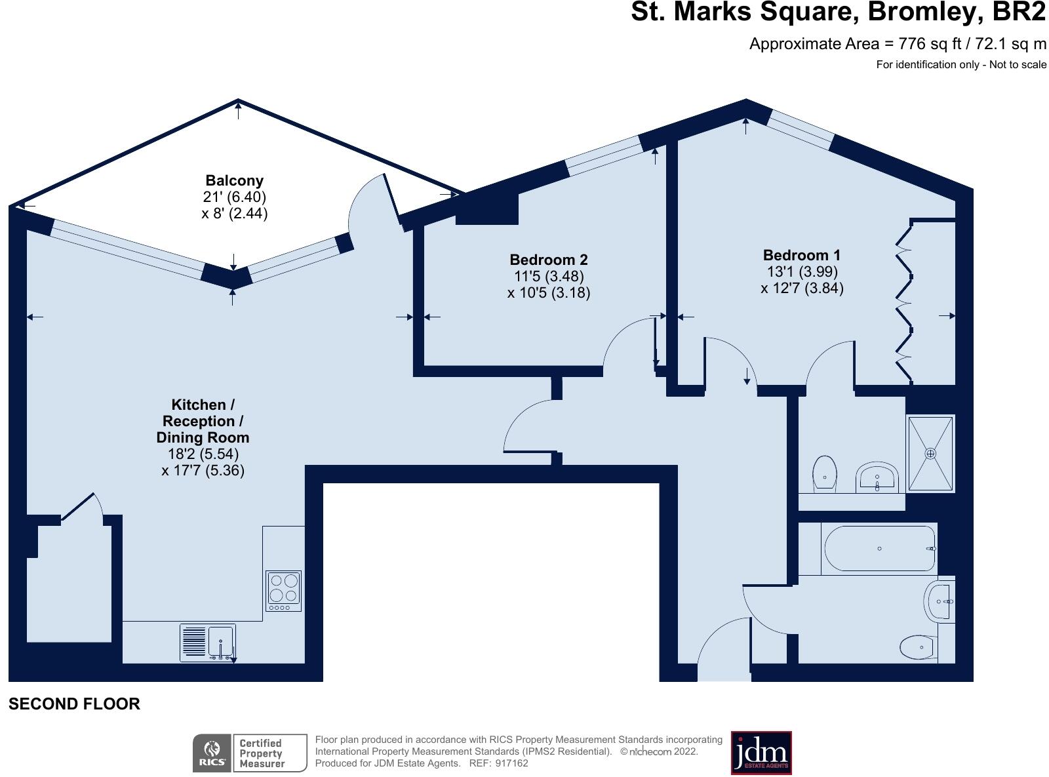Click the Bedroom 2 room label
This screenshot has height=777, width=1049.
coord(548,260)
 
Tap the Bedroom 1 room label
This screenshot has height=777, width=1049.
coord(801,255)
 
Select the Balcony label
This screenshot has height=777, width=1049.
coord(234,180)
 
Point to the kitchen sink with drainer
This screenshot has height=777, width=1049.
coord(207,643)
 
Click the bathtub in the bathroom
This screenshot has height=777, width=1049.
coord(879,549)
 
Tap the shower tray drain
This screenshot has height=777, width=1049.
coord(930,453)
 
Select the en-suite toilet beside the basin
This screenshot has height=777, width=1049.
coord(824,474)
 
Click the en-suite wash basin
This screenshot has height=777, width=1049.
coord(877,477)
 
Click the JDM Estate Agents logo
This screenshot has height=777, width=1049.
coord(761,753)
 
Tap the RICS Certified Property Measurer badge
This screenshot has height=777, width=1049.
coord(249,753)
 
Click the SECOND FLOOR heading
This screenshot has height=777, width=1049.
coord(74,704)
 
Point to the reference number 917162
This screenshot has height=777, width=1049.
coord(511,763)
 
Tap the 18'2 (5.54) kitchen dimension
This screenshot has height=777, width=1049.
coord(198,454)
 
